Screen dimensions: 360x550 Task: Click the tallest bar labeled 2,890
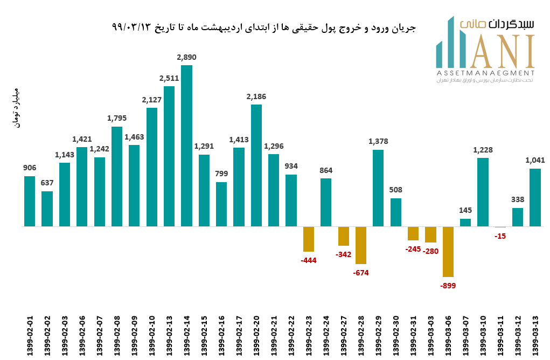point(186,146)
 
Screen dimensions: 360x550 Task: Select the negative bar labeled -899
point(448,252)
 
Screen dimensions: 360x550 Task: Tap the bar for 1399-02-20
point(256,165)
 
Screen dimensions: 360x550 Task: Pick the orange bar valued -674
point(361,245)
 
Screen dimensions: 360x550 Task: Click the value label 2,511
point(169,78)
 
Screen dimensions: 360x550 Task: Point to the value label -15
point(500,236)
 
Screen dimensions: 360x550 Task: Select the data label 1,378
point(378,142)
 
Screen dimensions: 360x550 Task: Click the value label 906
point(30,168)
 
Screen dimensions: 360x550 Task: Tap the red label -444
point(309,260)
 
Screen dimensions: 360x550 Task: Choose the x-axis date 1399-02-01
point(30,335)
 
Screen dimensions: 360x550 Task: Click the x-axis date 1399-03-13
point(535,335)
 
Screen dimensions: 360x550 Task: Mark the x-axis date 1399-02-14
point(187,335)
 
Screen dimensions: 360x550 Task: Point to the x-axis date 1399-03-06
point(448,335)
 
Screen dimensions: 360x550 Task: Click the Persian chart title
point(264,27)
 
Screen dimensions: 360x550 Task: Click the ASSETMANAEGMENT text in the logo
point(485,73)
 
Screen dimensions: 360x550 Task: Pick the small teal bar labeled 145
point(465,223)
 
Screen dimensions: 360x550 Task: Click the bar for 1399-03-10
point(483,192)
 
